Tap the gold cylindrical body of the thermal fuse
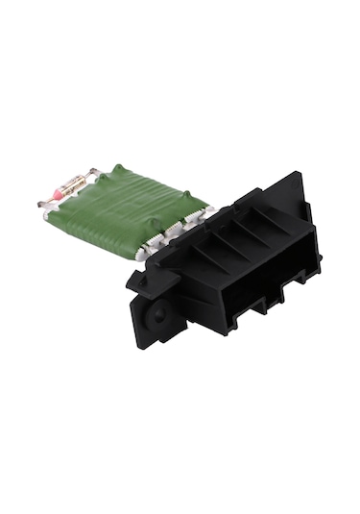(71, 184)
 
